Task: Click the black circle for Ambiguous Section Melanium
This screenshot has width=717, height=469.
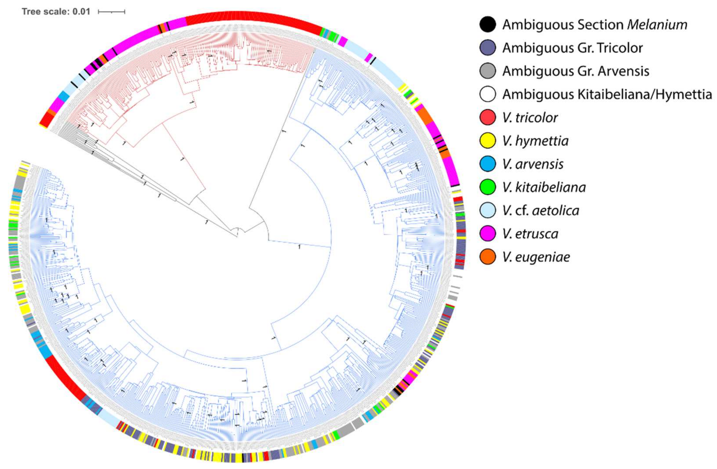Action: pyautogui.click(x=487, y=24)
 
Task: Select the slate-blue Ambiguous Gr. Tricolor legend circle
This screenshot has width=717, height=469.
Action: pyautogui.click(x=487, y=48)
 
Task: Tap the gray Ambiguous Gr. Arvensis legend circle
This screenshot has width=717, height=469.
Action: pyautogui.click(x=487, y=71)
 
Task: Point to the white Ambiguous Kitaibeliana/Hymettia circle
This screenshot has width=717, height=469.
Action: pyautogui.click(x=487, y=94)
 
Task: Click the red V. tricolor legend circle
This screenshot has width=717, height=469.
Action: pyautogui.click(x=487, y=117)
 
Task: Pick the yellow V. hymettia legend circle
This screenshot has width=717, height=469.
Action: pyautogui.click(x=487, y=141)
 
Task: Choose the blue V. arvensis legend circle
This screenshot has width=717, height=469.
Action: pyautogui.click(x=487, y=164)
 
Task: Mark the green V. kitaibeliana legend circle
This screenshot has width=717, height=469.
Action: pyautogui.click(x=487, y=187)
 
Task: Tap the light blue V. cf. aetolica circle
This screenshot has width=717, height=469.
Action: pyautogui.click(x=487, y=210)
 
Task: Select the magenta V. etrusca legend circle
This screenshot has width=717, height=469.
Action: pyautogui.click(x=487, y=233)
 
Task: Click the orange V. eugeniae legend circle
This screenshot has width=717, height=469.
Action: pyautogui.click(x=487, y=257)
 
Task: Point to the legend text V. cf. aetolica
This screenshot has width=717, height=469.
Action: pyautogui.click(x=541, y=210)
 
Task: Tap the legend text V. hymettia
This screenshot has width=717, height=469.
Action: pyautogui.click(x=535, y=141)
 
